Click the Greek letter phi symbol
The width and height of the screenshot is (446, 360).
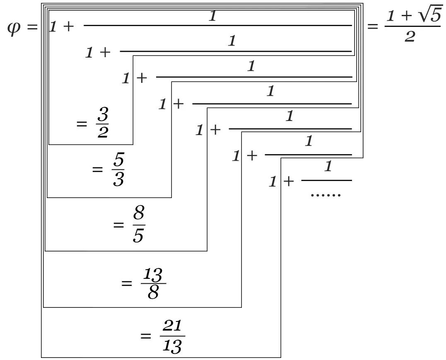click(x=14, y=28)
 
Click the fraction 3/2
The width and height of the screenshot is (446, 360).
click(x=102, y=123)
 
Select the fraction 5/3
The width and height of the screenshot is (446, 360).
click(x=118, y=170)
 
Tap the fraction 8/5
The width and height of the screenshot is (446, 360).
click(x=138, y=225)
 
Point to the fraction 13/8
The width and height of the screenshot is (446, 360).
click(x=153, y=283)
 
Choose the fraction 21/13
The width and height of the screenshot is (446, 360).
click(x=172, y=336)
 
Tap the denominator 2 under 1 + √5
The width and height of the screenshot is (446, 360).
click(x=410, y=37)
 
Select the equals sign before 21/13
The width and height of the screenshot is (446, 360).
click(x=146, y=336)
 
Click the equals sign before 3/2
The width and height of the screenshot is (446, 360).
click(x=82, y=123)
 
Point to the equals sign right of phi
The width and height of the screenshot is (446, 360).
click(x=31, y=28)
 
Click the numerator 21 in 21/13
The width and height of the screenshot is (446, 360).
click(x=172, y=326)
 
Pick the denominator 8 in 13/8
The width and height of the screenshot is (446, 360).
click(x=153, y=293)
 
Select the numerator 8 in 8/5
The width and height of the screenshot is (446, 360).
click(x=139, y=214)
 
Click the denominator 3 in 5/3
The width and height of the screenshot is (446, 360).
click(x=118, y=180)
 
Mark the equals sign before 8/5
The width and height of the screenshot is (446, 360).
click(x=118, y=225)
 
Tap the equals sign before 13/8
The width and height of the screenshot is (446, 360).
click(x=126, y=283)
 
